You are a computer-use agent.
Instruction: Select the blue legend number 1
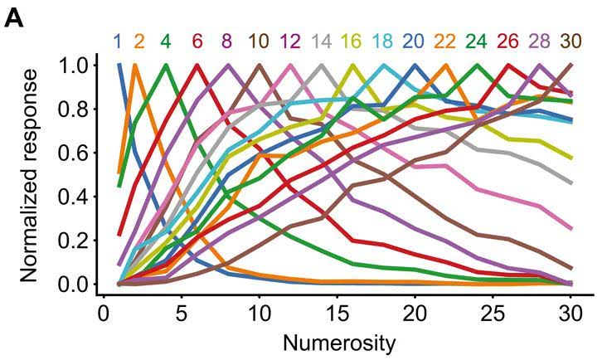coord(119,41)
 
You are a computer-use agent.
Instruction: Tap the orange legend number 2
coord(138,41)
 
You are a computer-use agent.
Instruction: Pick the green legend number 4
coord(166,41)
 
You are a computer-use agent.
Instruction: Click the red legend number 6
coord(197,41)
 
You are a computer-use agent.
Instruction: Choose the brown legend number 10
coord(258,41)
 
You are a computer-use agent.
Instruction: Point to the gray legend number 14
coord(321,41)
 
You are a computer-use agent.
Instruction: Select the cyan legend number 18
coord(382,41)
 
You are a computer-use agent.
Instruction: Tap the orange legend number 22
coord(444,41)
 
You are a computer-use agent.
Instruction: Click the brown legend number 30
coord(570,41)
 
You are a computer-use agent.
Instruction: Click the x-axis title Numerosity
coord(337,342)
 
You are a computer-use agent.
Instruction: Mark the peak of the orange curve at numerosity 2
coord(134,65)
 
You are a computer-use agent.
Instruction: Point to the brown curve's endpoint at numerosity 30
coord(571,65)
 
